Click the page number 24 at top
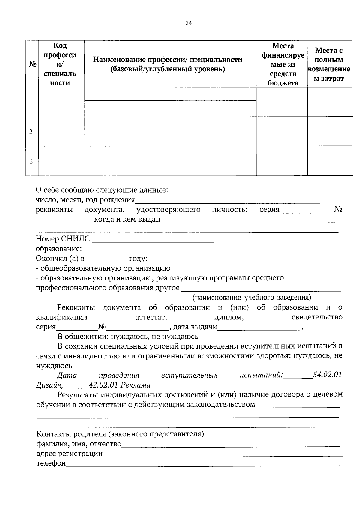coord(188,23)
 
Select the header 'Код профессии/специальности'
coord(60,64)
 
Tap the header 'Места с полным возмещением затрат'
coord(329,64)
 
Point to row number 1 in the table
coord(31,102)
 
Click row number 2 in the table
coord(31,132)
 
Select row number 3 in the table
coord(31,161)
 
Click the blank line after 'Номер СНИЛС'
coord(153,240)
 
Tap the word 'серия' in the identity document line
coord(269,210)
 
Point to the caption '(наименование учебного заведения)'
coord(251,298)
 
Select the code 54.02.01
coord(327,375)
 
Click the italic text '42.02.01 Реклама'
coord(119,385)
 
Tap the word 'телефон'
coord(51,463)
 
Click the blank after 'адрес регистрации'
coord(222,454)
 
